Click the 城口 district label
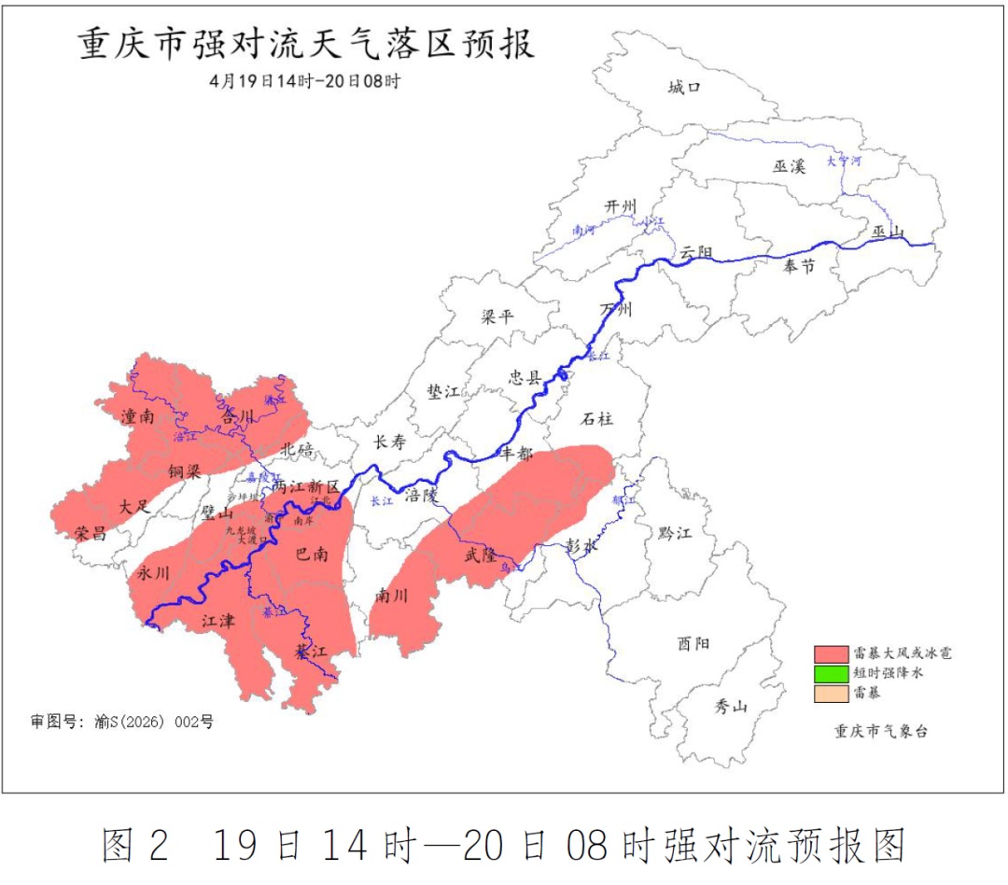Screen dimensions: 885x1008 pyautogui.click(x=684, y=88)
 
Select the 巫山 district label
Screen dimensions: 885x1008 pyautogui.click(x=888, y=231)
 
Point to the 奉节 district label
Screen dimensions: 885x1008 pyautogui.click(x=798, y=267)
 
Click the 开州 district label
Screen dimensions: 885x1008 pyautogui.click(x=620, y=206)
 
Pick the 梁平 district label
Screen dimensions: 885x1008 pyautogui.click(x=497, y=316)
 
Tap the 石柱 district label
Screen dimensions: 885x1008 pyautogui.click(x=599, y=418)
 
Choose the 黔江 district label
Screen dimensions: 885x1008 pyautogui.click(x=674, y=533)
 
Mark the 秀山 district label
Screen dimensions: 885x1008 pyautogui.click(x=732, y=707)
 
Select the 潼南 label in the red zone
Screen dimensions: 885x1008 pyautogui.click(x=137, y=416)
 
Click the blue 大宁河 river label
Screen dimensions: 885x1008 pyautogui.click(x=843, y=161)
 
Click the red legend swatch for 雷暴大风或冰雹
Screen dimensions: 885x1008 pyautogui.click(x=830, y=653)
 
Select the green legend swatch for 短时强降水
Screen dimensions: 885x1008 pyautogui.click(x=830, y=673)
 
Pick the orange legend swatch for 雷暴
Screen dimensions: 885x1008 pyautogui.click(x=830, y=693)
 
